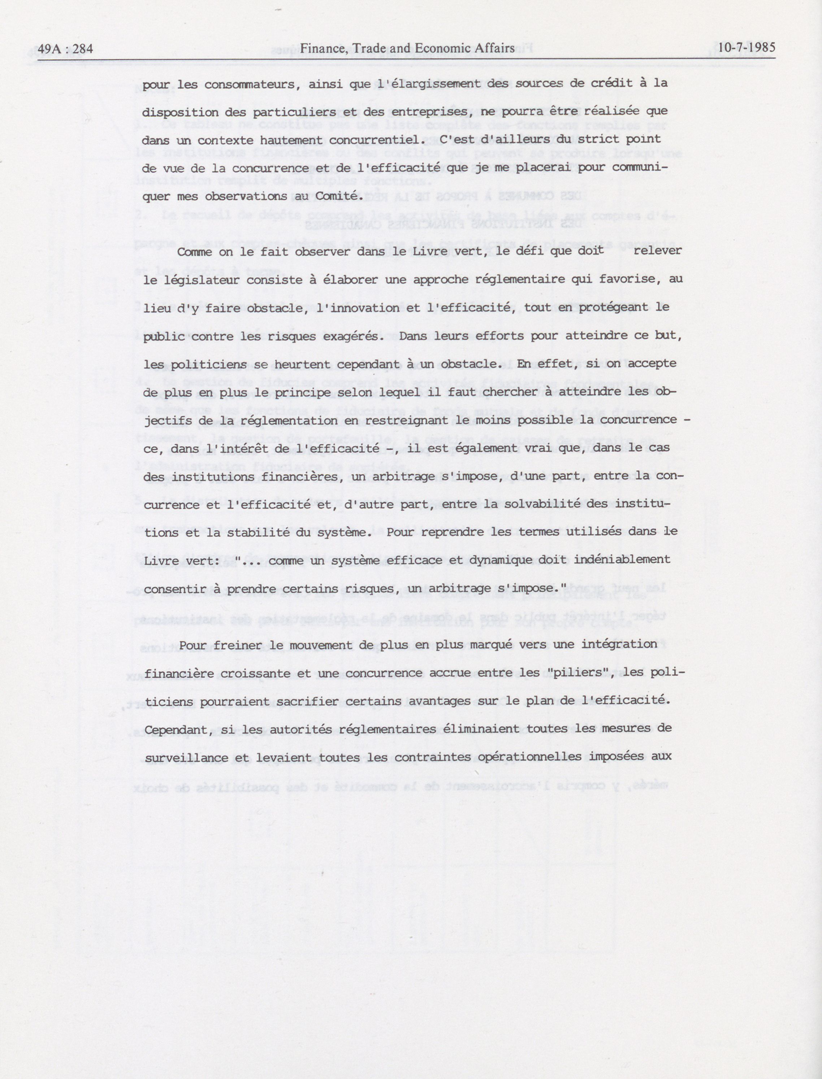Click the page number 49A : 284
tap(65, 49)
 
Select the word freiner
tap(241, 645)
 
